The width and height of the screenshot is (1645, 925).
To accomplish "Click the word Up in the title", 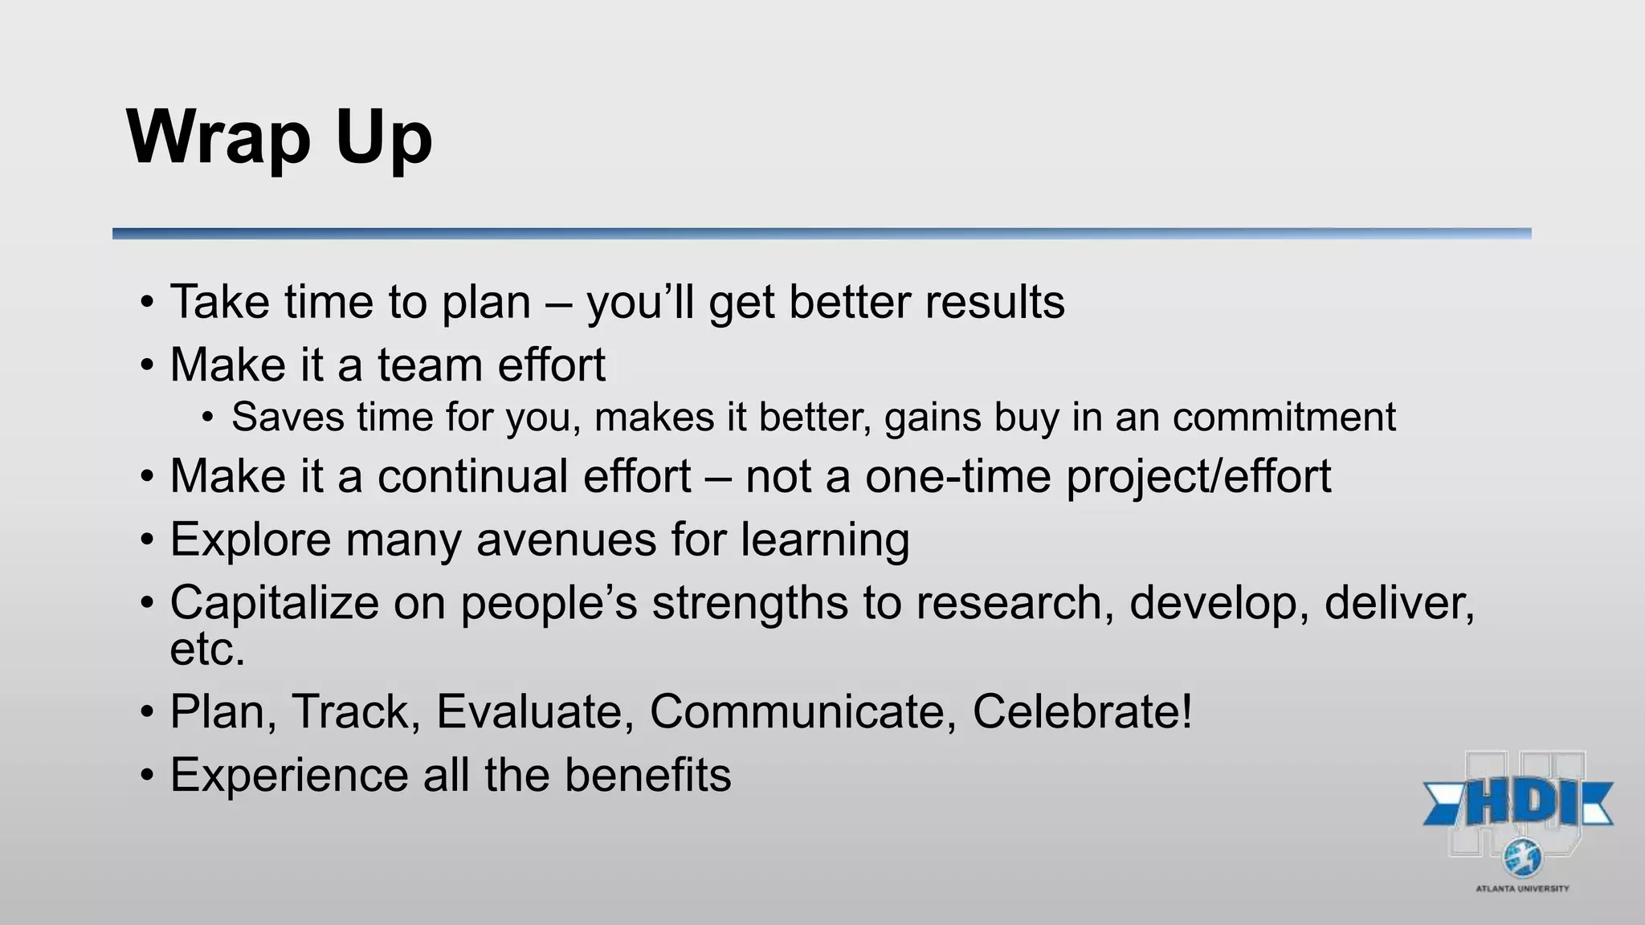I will pos(384,138).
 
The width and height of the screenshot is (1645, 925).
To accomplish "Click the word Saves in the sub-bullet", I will pos(288,418).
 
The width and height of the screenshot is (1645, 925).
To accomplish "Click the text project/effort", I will pos(1198,476).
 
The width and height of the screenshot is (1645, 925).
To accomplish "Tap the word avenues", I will pos(566,539).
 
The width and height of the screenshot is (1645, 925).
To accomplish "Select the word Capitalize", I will pos(274,602).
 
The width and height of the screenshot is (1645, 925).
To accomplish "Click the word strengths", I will pos(749,602).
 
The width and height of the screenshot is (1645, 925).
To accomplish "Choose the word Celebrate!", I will pos(1082,711).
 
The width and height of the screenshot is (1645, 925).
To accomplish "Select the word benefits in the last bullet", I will pos(647,775).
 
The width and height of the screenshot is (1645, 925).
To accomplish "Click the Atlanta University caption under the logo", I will pos(1522,888).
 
